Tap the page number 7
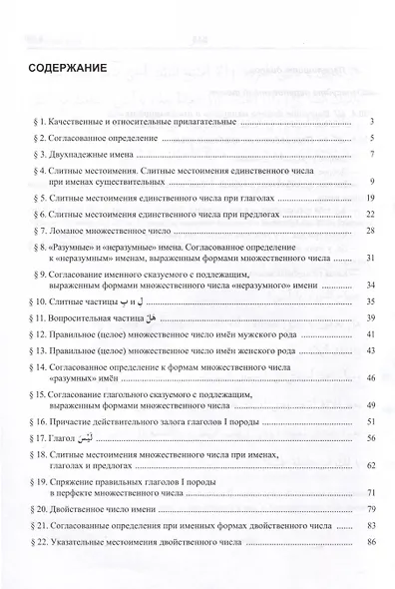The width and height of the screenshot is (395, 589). (370, 156)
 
